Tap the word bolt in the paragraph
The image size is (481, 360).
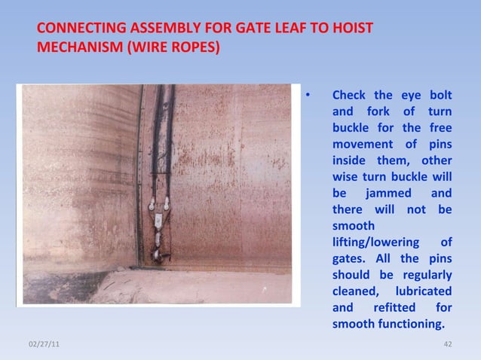440,96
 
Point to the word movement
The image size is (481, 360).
363,144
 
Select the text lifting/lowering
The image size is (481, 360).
372,242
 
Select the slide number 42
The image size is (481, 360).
447,344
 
